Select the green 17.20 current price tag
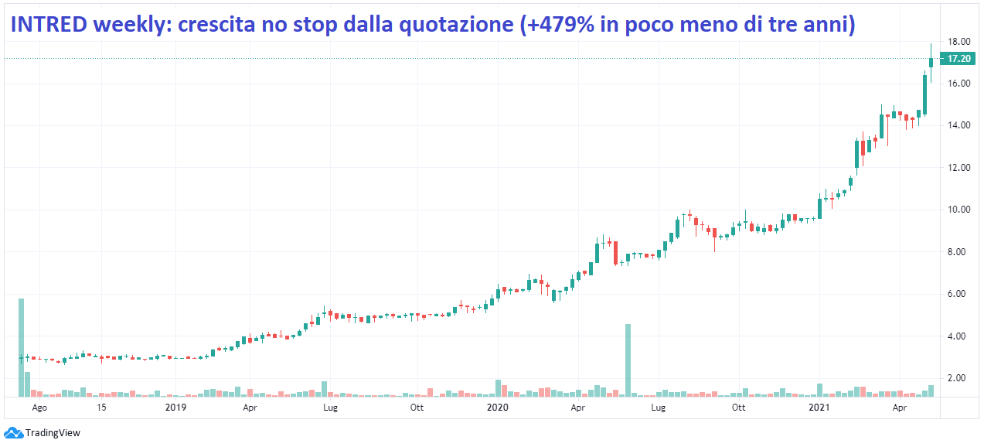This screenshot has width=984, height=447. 958,59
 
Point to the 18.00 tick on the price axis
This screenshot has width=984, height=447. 959,42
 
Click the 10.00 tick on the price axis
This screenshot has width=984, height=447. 959,210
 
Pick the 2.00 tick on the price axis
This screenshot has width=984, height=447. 959,378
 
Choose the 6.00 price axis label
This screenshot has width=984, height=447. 959,294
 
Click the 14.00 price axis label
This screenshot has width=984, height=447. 959,125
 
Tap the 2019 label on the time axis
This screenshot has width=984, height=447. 176,407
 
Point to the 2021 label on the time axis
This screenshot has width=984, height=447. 819,407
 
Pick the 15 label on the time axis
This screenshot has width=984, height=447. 101,407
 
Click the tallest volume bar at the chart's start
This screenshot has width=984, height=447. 21,347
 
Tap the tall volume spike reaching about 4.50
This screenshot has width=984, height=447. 628,360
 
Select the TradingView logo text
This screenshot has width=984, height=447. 53,433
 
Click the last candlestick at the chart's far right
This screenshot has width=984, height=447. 931,62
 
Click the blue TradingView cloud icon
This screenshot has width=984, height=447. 13,433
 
